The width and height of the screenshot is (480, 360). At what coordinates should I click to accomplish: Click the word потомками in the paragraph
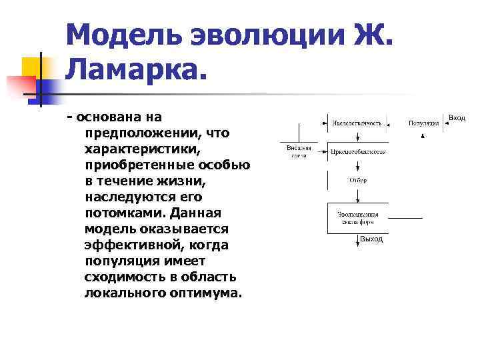[x=124, y=213]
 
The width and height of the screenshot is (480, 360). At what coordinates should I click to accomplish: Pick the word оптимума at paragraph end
[x=204, y=293]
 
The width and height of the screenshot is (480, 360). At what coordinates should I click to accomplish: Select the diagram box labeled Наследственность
[x=357, y=123]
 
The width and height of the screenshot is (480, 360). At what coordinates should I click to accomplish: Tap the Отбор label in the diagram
[x=357, y=181]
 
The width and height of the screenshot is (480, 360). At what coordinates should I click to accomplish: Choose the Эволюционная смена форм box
[x=357, y=218]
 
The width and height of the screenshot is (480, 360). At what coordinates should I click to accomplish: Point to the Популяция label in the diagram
[x=424, y=123]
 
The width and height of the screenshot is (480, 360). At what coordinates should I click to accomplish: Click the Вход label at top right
[x=457, y=117]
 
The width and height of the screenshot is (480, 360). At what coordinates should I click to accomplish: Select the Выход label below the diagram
[x=371, y=239]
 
